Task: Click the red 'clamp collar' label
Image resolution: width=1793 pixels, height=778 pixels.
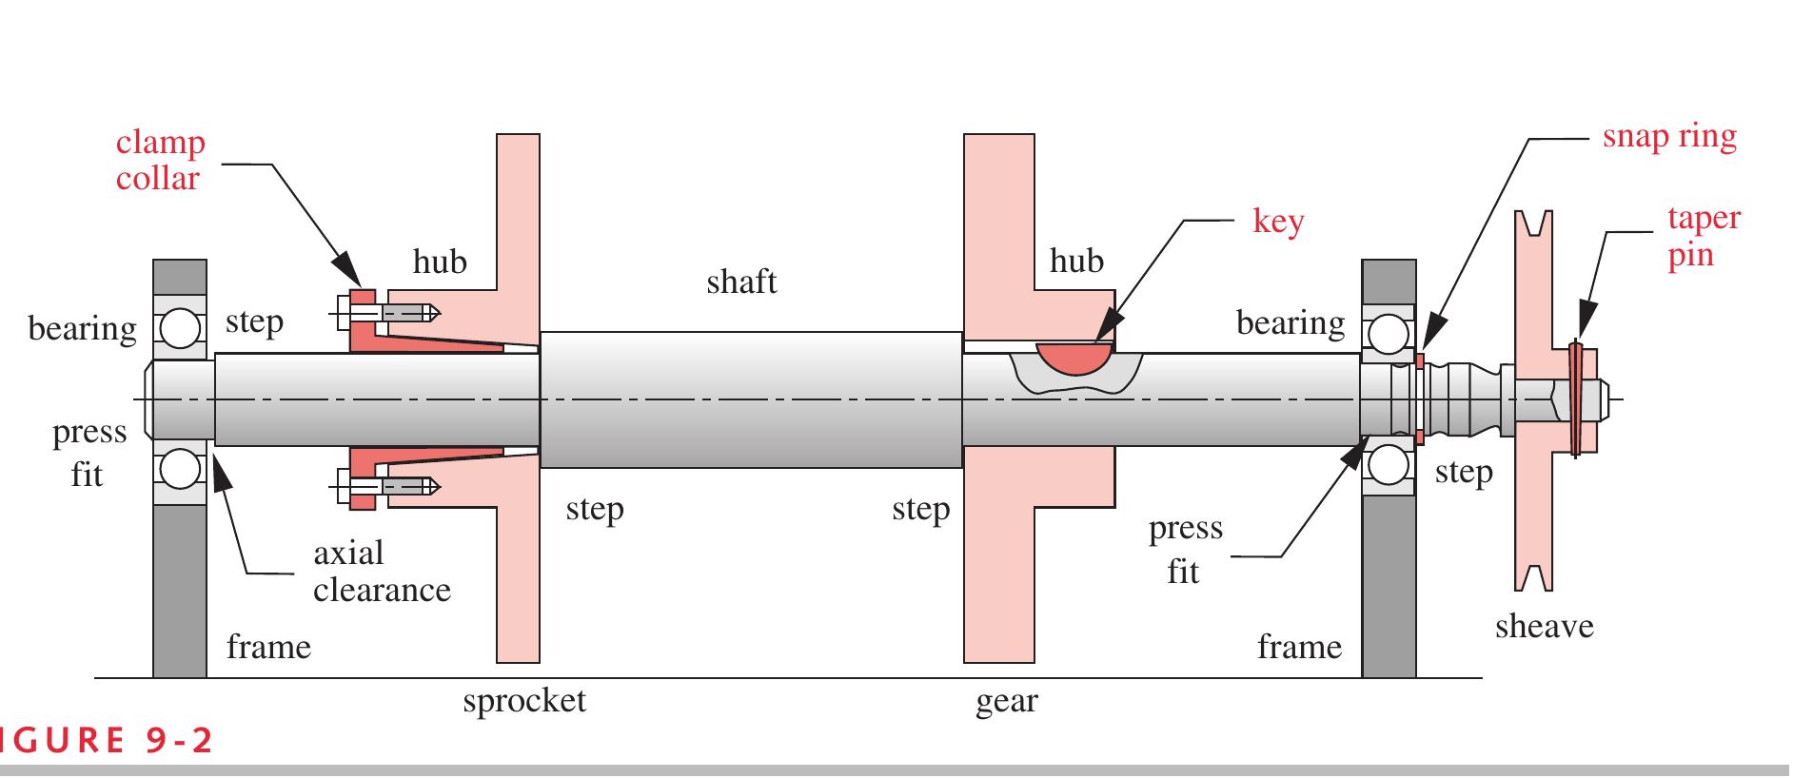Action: (160, 161)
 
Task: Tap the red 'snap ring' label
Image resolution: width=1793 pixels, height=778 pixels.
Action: (1668, 137)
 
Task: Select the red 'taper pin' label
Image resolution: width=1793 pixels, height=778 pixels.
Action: (1703, 236)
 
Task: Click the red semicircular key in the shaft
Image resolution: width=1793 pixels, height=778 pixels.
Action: (1074, 357)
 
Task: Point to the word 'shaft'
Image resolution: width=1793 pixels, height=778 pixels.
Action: (741, 282)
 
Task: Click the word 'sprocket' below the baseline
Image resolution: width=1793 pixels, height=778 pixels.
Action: (524, 701)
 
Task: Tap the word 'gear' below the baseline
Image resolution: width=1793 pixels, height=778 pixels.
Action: (1006, 702)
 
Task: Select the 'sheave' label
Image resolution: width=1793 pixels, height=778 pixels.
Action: (1544, 627)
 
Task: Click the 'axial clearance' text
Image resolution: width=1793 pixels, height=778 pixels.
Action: (381, 572)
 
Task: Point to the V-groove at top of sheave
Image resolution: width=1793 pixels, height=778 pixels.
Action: (1532, 224)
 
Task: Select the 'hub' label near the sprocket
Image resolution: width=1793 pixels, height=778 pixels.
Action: (440, 262)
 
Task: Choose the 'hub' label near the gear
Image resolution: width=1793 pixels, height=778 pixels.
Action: (1076, 261)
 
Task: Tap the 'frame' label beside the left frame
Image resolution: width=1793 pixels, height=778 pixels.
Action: (268, 648)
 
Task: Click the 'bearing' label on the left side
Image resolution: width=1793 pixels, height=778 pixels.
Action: (82, 329)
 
